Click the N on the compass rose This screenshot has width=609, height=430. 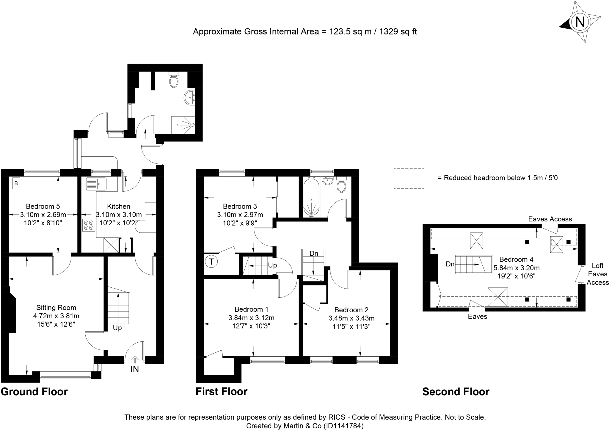pos(580,22)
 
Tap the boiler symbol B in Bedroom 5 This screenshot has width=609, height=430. pos(16,183)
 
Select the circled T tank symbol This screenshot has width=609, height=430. pos(211,262)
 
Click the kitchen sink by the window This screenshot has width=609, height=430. pos(96,184)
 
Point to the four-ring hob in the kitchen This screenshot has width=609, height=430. pos(89,225)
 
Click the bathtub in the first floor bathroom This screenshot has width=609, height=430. pos(311,197)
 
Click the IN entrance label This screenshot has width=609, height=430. pos(135,369)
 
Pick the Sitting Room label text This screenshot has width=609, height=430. pos(56,308)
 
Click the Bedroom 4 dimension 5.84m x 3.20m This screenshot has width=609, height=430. pos(517,268)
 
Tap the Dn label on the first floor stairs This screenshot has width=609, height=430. pos(314,253)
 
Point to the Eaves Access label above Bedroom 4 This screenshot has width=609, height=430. pos(550,219)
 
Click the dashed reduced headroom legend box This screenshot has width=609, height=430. pos(409,178)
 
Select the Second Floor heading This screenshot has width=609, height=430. pos(456,392)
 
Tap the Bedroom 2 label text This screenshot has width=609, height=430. pos(351,310)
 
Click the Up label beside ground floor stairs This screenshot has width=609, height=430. pos(117,328)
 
